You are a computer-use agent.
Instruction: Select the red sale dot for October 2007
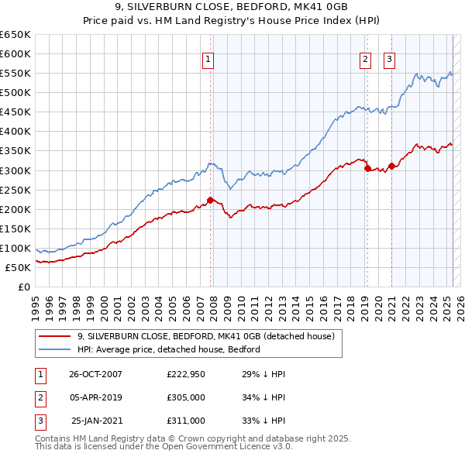pos(210,200)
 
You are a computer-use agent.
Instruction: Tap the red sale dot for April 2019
pos(367,168)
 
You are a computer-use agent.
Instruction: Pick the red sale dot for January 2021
pos(392,166)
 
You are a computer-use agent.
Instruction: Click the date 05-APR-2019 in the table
pos(96,397)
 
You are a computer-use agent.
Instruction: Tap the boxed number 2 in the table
pos(40,397)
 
